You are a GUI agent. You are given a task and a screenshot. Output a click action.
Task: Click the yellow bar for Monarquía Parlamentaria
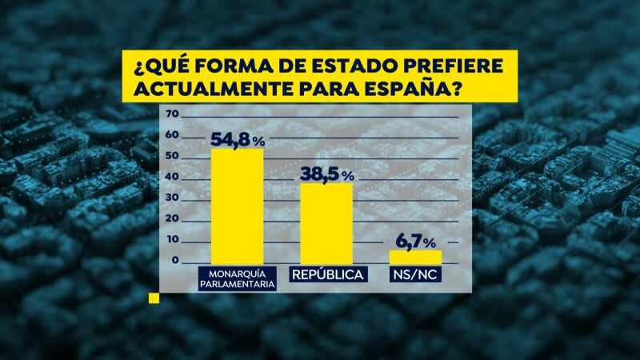[x=237, y=206]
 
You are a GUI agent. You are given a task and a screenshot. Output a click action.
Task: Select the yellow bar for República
[x=326, y=223]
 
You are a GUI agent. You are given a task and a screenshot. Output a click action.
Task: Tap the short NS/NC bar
[x=415, y=257]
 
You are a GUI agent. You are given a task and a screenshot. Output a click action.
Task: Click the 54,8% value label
[x=237, y=139]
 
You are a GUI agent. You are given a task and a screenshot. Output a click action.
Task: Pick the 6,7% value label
[x=416, y=242]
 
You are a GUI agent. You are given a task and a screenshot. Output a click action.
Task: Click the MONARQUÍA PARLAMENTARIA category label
[x=237, y=278]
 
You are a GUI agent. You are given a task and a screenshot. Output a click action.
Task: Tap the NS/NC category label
[x=416, y=274]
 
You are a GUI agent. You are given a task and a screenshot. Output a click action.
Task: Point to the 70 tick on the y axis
[x=170, y=114]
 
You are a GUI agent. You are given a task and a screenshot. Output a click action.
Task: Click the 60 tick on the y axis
[x=170, y=135]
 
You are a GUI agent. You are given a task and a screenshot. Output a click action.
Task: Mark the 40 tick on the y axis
[x=170, y=178]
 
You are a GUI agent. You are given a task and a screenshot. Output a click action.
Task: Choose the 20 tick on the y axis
[x=170, y=219]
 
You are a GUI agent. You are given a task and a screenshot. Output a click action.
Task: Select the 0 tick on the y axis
[x=172, y=261]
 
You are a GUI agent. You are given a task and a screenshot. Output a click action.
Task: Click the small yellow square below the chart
[x=154, y=298]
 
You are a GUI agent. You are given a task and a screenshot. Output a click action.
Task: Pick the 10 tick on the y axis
[x=170, y=240]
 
